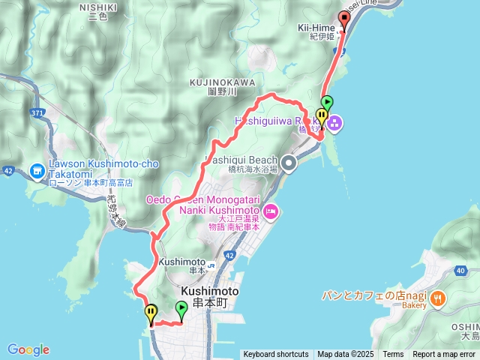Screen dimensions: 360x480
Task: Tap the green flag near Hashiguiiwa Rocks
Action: tap(327, 103)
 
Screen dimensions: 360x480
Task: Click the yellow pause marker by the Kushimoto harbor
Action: tap(151, 312)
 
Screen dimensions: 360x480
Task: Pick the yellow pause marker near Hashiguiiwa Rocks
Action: tap(322, 117)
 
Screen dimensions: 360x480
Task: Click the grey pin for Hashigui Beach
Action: tap(289, 162)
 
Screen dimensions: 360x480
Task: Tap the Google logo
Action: tap(28, 349)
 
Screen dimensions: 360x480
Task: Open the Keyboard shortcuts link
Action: tap(275, 355)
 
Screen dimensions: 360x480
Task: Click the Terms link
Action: tap(393, 355)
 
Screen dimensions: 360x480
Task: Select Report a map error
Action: tap(445, 355)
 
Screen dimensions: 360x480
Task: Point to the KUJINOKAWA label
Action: tap(222, 82)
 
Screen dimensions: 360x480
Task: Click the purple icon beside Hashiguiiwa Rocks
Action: tap(333, 121)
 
